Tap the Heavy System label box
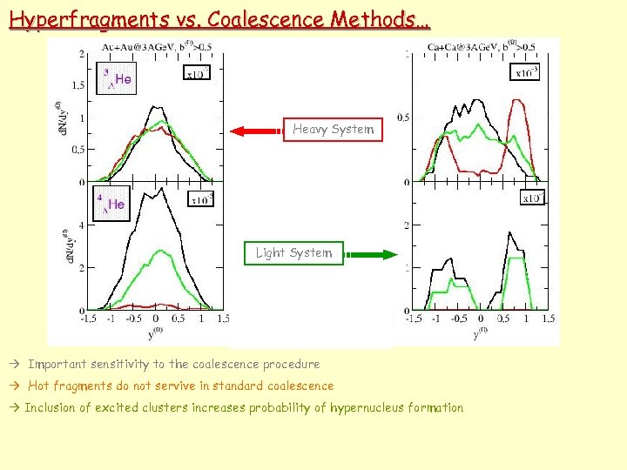pyautogui.click(x=333, y=130)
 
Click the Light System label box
pyautogui.click(x=293, y=253)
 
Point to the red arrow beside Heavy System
pyautogui.click(x=258, y=131)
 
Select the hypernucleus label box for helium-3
pyautogui.click(x=117, y=78)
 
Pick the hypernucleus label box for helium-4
pyautogui.click(x=111, y=205)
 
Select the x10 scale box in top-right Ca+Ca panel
pyautogui.click(x=527, y=73)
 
